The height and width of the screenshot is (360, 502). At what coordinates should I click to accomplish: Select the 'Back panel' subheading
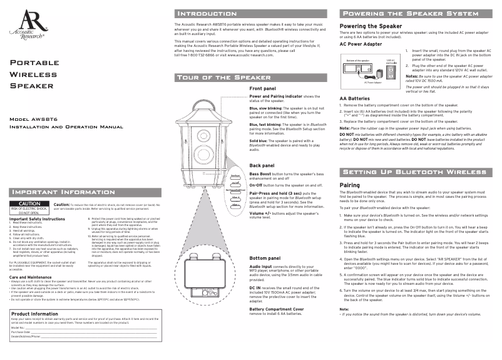(x=262, y=165)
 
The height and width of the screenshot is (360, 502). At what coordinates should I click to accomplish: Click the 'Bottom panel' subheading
(x=265, y=258)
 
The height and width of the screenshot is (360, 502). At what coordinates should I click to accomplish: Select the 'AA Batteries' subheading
(x=354, y=98)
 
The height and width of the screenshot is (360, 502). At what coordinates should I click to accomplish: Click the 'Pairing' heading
(x=349, y=185)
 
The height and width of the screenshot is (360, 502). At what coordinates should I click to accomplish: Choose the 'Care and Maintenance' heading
(x=31, y=294)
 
